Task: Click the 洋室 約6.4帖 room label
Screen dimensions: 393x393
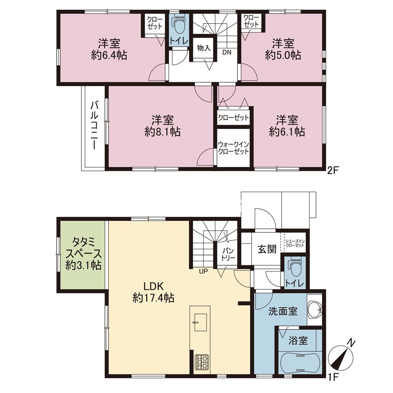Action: (109, 50)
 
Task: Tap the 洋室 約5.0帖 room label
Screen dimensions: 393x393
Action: (283, 50)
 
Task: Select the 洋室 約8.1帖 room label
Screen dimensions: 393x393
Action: (162, 126)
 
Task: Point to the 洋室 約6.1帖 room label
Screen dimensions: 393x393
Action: (287, 126)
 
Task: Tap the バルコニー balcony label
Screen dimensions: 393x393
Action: (94, 125)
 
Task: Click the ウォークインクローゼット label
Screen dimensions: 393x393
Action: (233, 148)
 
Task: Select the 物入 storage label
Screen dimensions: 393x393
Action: (204, 48)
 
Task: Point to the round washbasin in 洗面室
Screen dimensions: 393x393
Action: (314, 309)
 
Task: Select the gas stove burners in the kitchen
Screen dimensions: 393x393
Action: (202, 362)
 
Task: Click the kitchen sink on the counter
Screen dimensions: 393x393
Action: (200, 322)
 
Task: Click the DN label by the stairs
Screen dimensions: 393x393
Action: (227, 52)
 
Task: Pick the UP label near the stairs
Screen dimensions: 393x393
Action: (203, 271)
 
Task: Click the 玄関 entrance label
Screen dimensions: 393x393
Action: (267, 249)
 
